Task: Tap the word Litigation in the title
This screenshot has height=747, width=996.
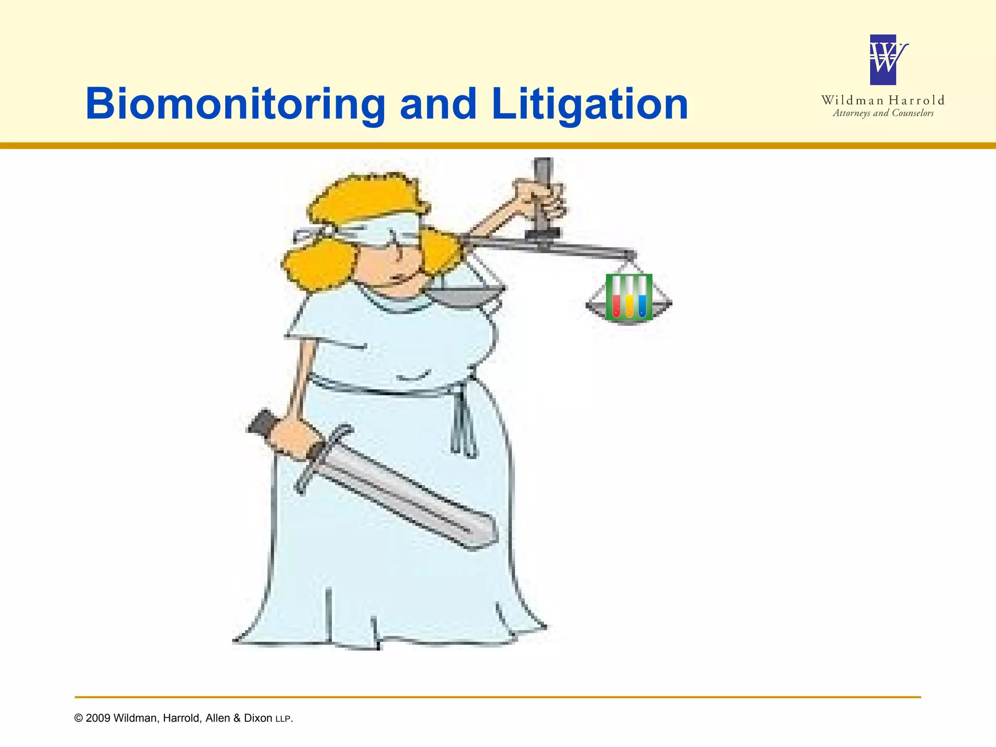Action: tap(589, 104)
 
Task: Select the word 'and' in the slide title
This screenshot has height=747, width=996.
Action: tap(438, 104)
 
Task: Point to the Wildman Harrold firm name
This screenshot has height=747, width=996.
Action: tap(883, 100)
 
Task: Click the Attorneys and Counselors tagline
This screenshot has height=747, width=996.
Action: tap(883, 113)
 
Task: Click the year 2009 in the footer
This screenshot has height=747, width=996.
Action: tap(97, 718)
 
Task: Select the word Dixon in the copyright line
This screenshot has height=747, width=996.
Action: tap(258, 718)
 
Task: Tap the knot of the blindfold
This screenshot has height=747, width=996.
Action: tap(311, 233)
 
